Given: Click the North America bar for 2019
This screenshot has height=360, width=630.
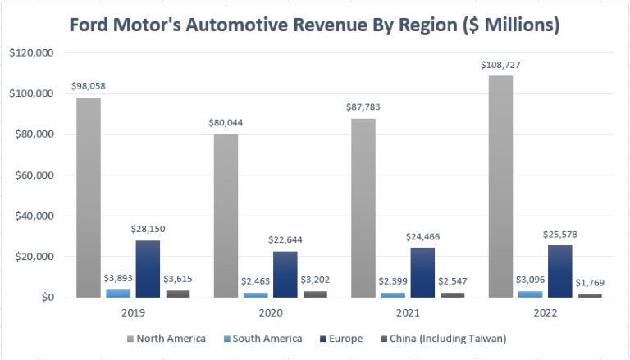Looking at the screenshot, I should [x=89, y=198].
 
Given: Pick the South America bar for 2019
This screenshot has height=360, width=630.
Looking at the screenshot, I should [x=118, y=293].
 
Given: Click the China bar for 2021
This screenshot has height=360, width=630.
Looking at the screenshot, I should [x=452, y=294].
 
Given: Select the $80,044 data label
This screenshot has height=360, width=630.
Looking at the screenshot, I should [x=226, y=122].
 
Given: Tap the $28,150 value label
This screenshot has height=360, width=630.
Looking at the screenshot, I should [x=148, y=228].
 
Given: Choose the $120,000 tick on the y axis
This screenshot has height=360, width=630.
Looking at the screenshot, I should [x=30, y=53].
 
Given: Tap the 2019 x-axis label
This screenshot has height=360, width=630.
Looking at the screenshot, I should [x=132, y=313].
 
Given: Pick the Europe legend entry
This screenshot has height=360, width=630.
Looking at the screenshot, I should [x=345, y=338].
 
